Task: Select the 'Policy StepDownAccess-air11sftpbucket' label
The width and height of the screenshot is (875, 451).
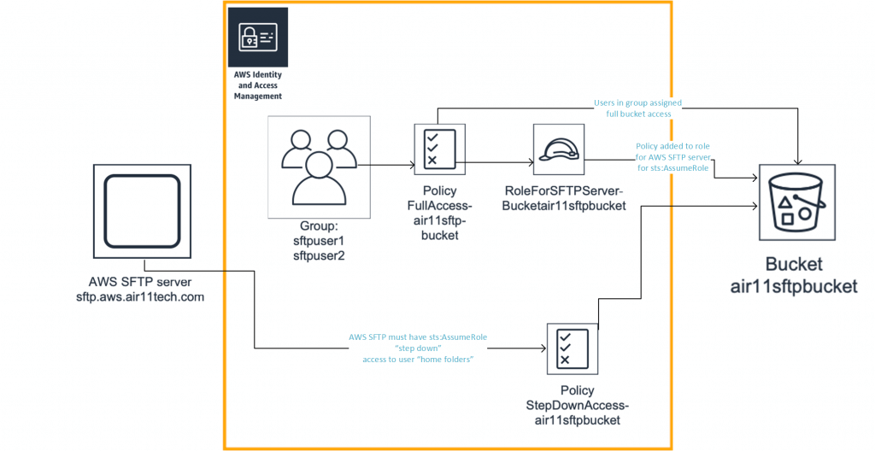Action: point(573,405)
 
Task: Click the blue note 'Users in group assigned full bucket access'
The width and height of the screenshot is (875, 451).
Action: point(637,108)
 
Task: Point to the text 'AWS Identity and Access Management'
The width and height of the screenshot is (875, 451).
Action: point(258,85)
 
